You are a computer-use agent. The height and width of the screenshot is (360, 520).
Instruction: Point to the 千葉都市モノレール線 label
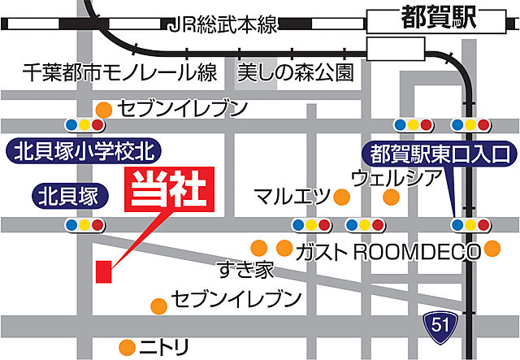pos(120,72)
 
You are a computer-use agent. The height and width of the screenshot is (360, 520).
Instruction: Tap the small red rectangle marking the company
pos(103,271)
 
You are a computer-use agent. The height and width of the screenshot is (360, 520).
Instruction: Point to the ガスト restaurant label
pos(323,248)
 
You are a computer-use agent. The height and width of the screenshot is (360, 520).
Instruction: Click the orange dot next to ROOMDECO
pos(493,248)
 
